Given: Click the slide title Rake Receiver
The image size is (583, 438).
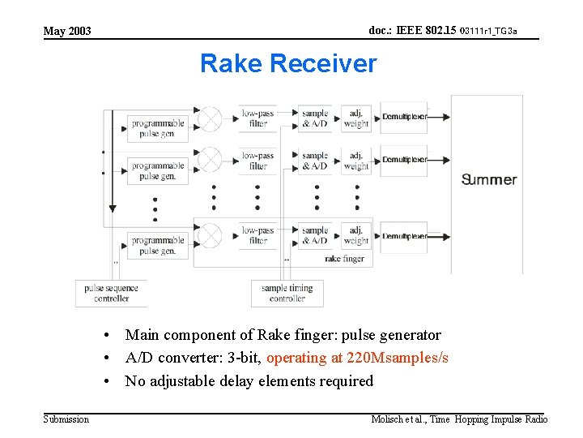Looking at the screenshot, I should point(288,63).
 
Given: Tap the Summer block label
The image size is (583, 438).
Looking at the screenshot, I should point(488,179).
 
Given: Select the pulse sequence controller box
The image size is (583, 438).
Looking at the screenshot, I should point(111,293).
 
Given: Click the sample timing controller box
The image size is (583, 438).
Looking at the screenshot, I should point(287,293).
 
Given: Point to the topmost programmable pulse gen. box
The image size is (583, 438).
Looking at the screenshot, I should point(158,128).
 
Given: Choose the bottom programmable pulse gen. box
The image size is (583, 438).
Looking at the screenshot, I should point(158,245).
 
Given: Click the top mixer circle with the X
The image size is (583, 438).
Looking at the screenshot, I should point(210,118).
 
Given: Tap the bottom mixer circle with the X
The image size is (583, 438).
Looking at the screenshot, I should point(210,235).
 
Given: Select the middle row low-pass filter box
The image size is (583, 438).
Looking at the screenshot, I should point(257,161).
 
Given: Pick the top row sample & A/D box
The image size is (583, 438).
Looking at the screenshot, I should point(315,118).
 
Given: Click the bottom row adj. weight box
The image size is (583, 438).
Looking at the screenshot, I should point(355,235).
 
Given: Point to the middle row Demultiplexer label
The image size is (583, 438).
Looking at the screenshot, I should point(404,160).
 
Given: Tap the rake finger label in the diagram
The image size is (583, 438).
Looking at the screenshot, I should point(344,259).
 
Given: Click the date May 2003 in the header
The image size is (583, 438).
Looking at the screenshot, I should point(67,31).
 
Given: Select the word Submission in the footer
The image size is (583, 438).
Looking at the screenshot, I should point(66,419).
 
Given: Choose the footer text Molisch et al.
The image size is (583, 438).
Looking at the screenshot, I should point(397,419).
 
